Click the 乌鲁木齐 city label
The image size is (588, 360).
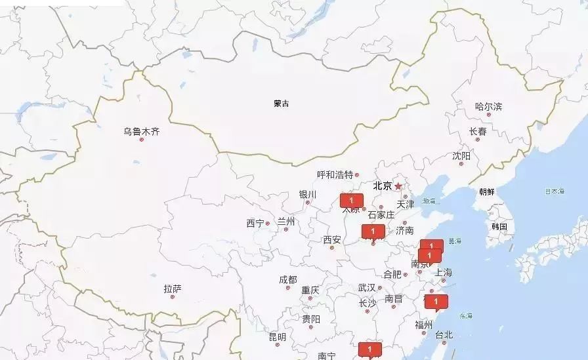[x=141, y=131]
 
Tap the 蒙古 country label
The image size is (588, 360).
[x=282, y=104]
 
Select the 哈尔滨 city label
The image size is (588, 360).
[x=488, y=106]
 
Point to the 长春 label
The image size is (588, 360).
[x=478, y=131]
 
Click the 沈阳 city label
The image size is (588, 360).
[x=461, y=156]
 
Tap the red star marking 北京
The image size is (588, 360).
[x=398, y=186]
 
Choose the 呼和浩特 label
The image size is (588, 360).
[x=335, y=174]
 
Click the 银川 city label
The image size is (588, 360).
[x=308, y=195]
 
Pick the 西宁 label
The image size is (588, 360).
[x=255, y=224]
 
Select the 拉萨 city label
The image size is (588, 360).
[x=173, y=289]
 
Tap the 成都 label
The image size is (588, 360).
[x=287, y=279]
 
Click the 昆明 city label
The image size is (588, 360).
[x=278, y=337]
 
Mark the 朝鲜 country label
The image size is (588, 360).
[x=487, y=192]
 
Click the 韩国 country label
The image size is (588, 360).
[x=499, y=226]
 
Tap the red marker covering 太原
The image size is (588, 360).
[x=351, y=200]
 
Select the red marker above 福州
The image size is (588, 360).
[x=436, y=302]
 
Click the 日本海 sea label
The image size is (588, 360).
[x=554, y=191]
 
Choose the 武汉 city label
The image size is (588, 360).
[x=367, y=288]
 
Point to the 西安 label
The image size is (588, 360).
[x=332, y=240]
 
